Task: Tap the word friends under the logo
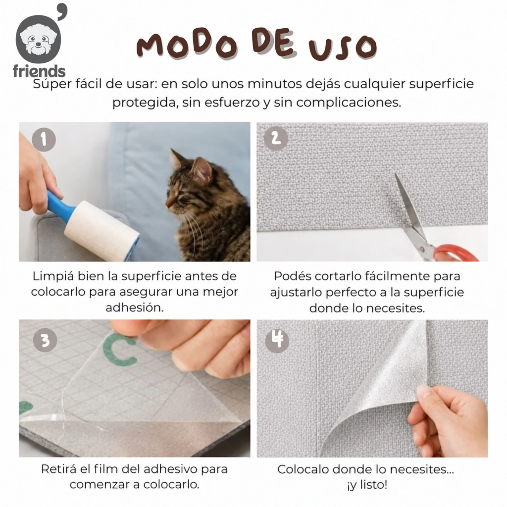(x=39, y=71)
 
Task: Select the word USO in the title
(x=343, y=48)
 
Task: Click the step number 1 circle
(x=44, y=140)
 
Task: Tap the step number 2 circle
(x=276, y=139)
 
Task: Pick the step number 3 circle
(x=45, y=340)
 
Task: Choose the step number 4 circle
(x=277, y=341)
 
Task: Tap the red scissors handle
(x=456, y=253)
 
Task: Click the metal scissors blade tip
(x=396, y=175)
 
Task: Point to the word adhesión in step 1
(x=135, y=307)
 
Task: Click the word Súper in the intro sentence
(x=52, y=84)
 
